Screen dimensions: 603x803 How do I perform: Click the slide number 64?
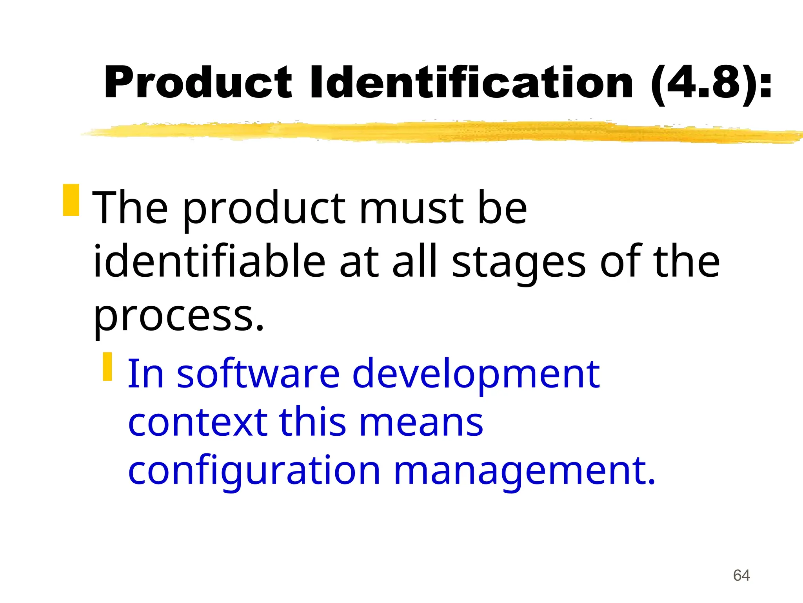[741, 576]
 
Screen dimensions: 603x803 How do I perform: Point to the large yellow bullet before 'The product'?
[71, 200]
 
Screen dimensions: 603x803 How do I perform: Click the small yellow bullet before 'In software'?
[107, 366]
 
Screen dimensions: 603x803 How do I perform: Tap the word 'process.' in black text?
[179, 316]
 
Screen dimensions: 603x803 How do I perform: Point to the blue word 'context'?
[198, 422]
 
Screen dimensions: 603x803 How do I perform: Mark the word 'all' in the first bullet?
[415, 261]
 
